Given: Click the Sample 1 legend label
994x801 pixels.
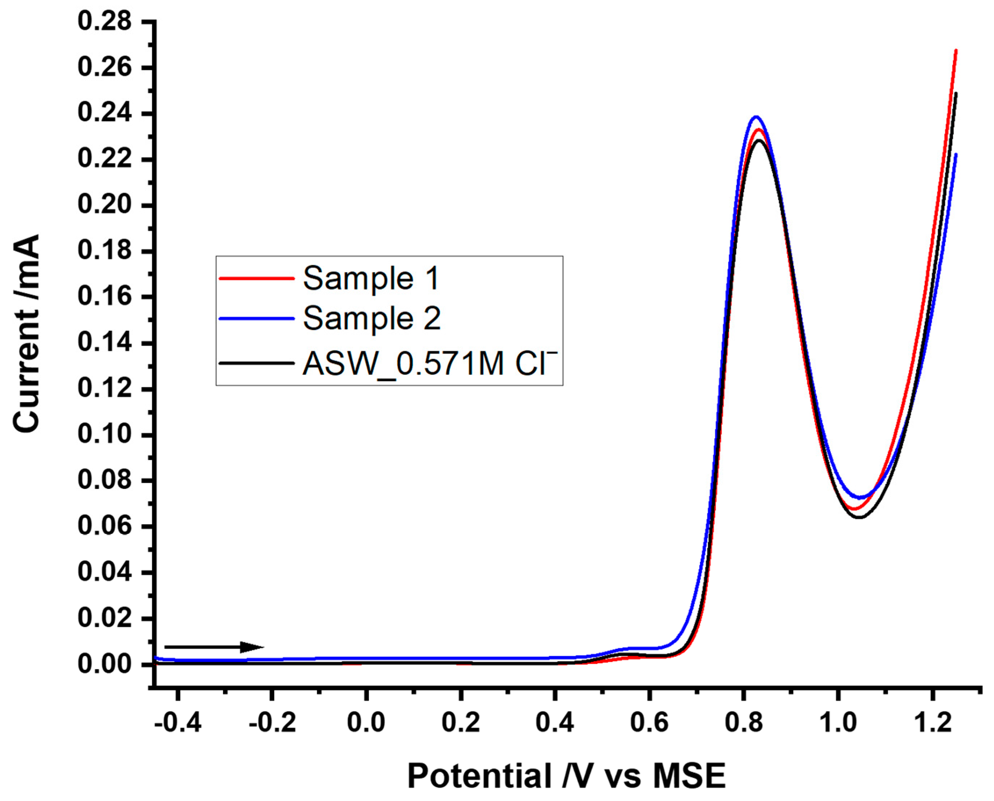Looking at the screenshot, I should (x=371, y=279).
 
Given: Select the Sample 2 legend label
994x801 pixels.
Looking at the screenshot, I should (x=371, y=319).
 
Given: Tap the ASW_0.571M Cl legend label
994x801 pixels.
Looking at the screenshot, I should (x=430, y=363).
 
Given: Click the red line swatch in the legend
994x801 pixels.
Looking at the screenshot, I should (x=257, y=278).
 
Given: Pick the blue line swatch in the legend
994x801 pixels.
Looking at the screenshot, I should (x=257, y=318).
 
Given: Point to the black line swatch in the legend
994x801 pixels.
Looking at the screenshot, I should (x=257, y=363).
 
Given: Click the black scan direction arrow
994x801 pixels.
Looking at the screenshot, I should (x=214, y=647).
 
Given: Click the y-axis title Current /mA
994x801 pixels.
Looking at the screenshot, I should (x=26, y=333).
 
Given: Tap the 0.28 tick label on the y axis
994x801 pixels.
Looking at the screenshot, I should (x=104, y=22).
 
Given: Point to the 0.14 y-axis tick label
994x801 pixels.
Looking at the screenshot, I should (x=104, y=343).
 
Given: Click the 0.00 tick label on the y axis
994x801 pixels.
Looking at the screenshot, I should (x=104, y=664).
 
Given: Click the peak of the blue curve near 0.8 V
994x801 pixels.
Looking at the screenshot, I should (x=756, y=116).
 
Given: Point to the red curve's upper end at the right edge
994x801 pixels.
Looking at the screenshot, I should (x=956, y=50).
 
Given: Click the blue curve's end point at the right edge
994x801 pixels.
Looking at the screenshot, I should (x=956, y=155).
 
